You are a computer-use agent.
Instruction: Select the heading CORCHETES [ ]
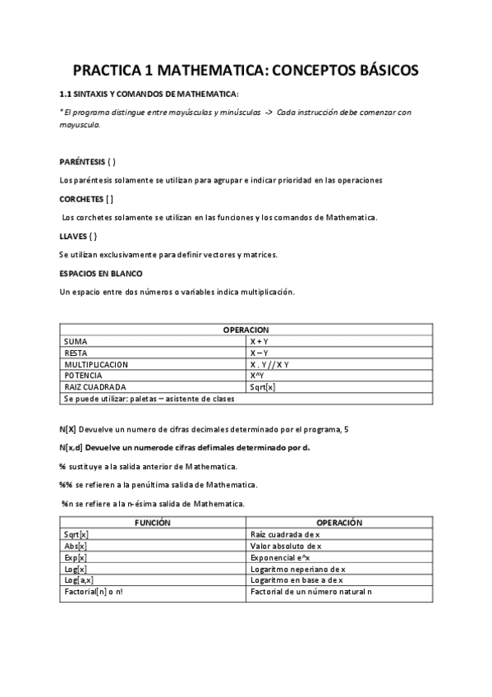86,199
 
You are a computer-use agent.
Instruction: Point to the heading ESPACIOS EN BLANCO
101,273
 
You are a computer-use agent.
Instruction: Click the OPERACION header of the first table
246,329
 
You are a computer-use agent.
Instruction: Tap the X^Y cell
257,375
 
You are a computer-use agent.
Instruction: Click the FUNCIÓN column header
153,522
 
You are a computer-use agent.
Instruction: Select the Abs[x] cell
76,545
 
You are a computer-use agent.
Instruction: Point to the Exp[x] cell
76,556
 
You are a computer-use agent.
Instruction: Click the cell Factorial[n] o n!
94,591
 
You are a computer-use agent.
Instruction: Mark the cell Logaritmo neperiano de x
298,568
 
